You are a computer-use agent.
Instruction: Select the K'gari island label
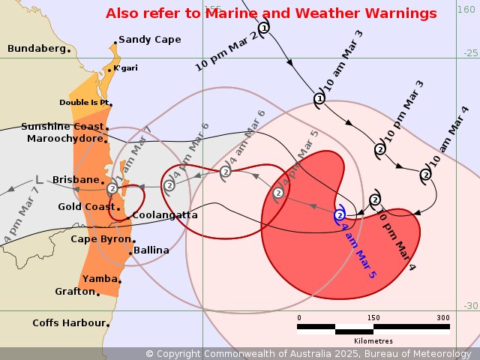tap(125, 68)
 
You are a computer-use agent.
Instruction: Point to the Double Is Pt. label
tap(85, 103)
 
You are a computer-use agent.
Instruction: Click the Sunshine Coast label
tap(62, 127)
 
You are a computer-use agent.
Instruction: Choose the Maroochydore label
tap(64, 139)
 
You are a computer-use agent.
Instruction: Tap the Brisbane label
tap(76, 180)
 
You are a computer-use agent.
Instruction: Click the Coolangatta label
tap(165, 215)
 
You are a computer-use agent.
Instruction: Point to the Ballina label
tap(151, 250)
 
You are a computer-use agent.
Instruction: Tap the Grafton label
tap(74, 291)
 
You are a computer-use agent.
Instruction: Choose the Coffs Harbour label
tap(68, 323)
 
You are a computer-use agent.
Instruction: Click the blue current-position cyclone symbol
tap(340, 215)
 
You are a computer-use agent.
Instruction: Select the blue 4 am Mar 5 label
tap(358, 250)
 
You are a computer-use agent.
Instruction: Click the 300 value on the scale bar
tap(443, 317)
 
